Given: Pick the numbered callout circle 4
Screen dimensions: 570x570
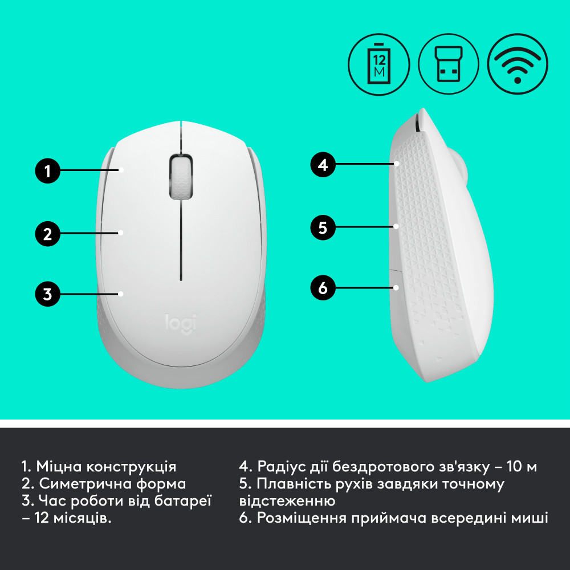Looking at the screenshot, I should click(x=323, y=165).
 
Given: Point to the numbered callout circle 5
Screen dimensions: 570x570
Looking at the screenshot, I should click(x=323, y=227).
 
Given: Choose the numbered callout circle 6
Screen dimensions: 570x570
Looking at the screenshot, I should click(x=323, y=288).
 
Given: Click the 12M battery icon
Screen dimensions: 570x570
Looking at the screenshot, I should click(x=379, y=64).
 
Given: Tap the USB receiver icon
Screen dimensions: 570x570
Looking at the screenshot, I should click(x=448, y=64).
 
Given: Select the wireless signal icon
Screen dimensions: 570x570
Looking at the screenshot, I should click(x=518, y=64).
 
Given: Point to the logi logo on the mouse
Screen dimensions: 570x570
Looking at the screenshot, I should click(x=180, y=323).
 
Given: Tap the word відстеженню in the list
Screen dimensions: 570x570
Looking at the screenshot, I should click(x=287, y=502).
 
